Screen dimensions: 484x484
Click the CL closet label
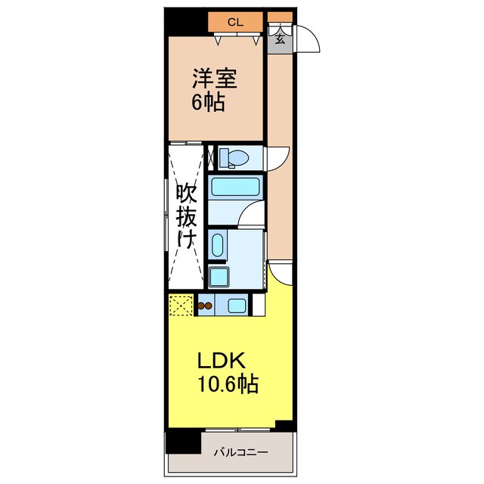coord(235,22)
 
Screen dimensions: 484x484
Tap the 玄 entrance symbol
coord(280,39)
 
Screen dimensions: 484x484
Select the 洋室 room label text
coord(215,78)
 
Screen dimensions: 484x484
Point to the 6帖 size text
coord(208,102)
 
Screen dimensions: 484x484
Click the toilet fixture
coord(234,158)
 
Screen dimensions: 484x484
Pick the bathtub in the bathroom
coord(235,187)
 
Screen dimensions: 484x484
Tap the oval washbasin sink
coord(217,245)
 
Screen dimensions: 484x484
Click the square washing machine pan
coord(219,277)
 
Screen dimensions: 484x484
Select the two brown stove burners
coord(205,306)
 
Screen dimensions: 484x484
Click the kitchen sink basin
coord(237,306)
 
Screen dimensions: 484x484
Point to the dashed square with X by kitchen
coord(181,306)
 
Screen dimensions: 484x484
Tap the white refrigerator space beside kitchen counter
coord(259,305)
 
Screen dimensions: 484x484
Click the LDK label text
coord(222,361)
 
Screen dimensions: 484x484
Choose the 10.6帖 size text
coord(228,384)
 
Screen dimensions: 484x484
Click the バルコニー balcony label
coord(241,453)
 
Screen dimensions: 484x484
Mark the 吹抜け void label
coord(187,216)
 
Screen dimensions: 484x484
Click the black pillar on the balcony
coord(183,442)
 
